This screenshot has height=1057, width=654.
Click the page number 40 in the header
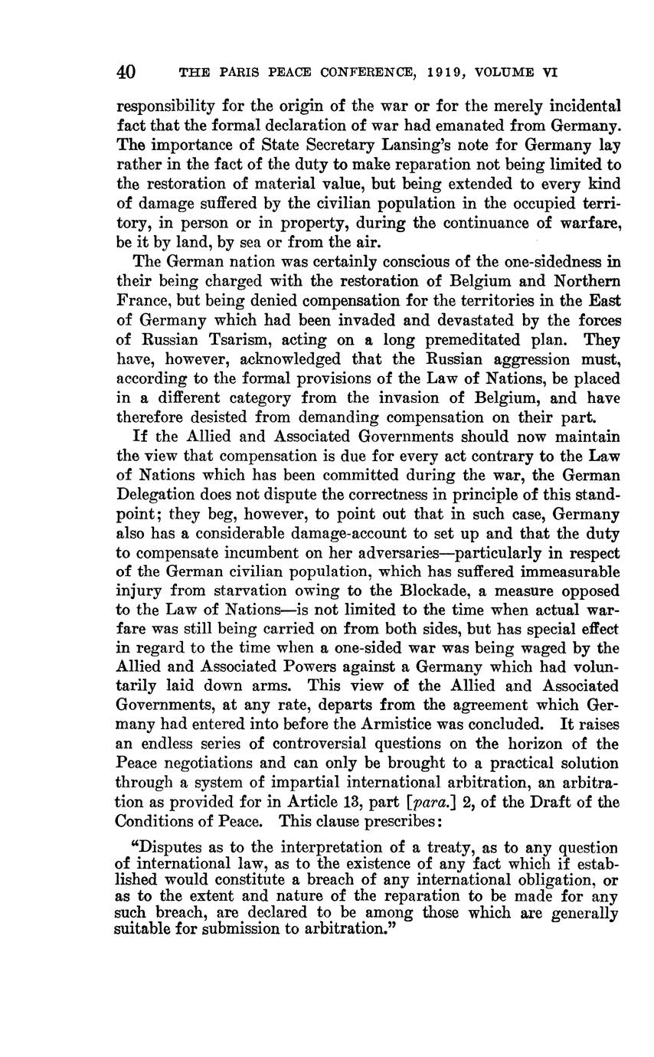click(126, 73)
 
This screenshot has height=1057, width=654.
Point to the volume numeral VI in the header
click(549, 74)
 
